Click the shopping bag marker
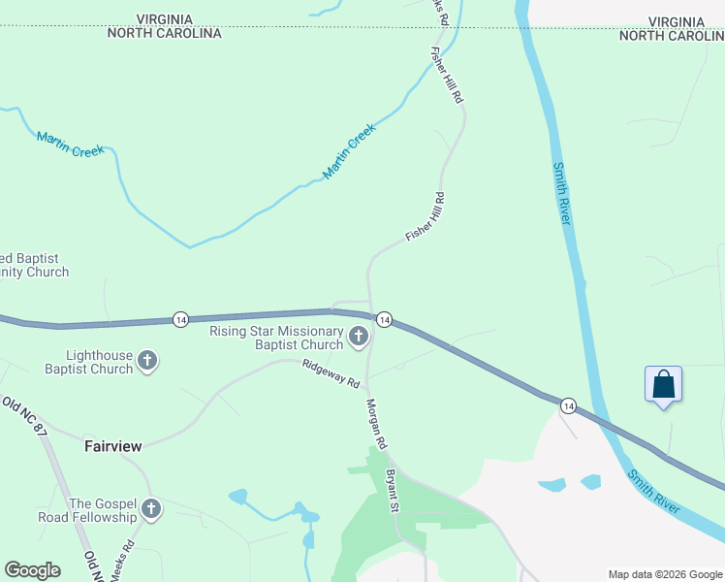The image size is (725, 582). pyautogui.click(x=663, y=384)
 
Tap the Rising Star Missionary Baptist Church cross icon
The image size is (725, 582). pyautogui.click(x=359, y=338)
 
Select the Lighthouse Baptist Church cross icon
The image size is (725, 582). pyautogui.click(x=147, y=362)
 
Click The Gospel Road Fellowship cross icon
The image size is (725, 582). pyautogui.click(x=150, y=509)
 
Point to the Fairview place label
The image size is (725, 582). pyautogui.click(x=113, y=446)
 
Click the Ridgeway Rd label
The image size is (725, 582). pyautogui.click(x=331, y=373)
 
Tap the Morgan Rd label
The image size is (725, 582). pyautogui.click(x=376, y=423)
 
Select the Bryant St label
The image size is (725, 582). pyautogui.click(x=393, y=491)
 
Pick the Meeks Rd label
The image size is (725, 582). pyautogui.click(x=120, y=566)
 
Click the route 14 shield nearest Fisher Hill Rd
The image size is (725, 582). pyautogui.click(x=384, y=319)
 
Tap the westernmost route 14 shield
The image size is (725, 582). pyautogui.click(x=180, y=319)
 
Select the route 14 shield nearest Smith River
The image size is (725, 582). pyautogui.click(x=568, y=405)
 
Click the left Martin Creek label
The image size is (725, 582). pyautogui.click(x=69, y=144)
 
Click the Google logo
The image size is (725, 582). pyautogui.click(x=32, y=570)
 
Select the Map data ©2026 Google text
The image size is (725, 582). pyautogui.click(x=664, y=574)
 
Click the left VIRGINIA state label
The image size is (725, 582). pyautogui.click(x=164, y=19)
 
